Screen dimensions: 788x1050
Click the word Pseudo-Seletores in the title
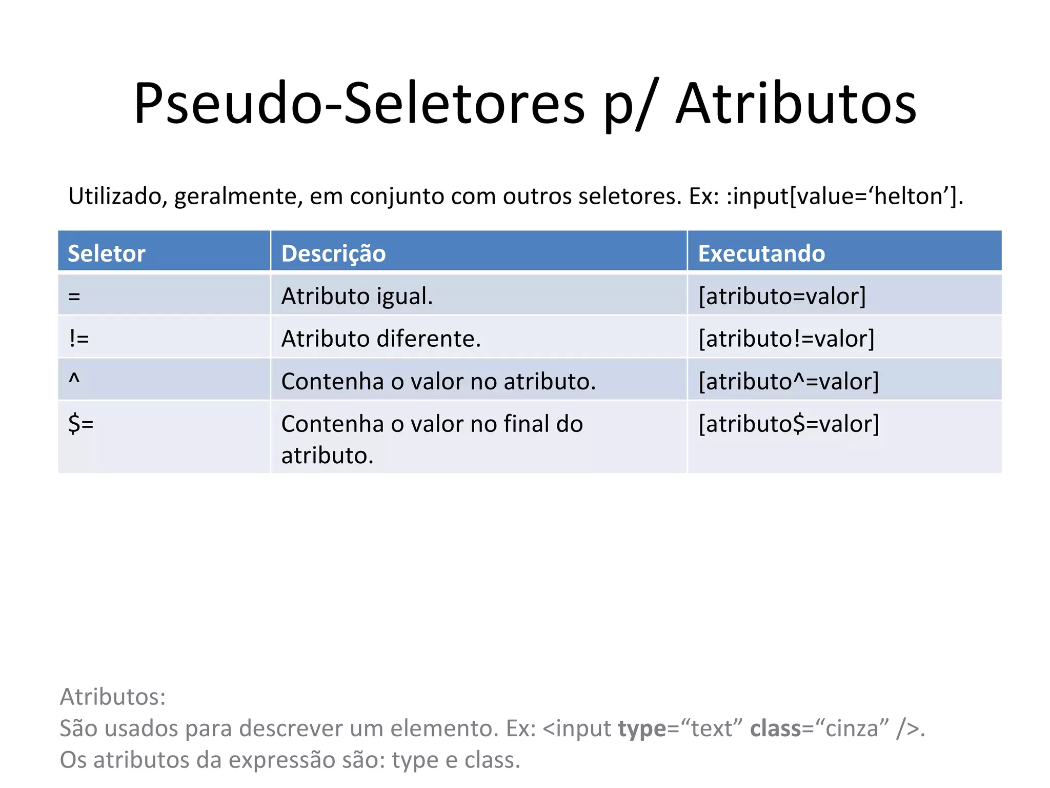pos(359,104)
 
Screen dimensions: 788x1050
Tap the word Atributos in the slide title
pos(796,104)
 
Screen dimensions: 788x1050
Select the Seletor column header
pos(107,253)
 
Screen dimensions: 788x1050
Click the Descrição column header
pos(333,253)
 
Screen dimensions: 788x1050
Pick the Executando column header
pos(761,253)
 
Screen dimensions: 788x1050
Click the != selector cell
pos(79,339)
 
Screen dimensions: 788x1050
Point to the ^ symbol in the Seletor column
pos(74,380)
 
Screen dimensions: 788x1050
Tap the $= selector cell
pos(81,424)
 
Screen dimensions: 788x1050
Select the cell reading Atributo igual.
pos(357,296)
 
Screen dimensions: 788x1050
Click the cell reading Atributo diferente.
pos(381,339)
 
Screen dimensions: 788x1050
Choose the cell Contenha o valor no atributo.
pos(438,381)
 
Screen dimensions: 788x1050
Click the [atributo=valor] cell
pos(782,296)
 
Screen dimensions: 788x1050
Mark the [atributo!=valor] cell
pos(786,339)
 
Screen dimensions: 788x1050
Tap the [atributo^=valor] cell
pos(789,381)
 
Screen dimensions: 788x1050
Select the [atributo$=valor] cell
pos(789,424)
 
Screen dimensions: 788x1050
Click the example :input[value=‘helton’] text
pos(843,196)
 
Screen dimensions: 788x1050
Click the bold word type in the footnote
pos(641,728)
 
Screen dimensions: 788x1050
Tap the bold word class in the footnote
pos(775,728)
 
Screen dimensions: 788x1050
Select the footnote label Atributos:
pos(113,697)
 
